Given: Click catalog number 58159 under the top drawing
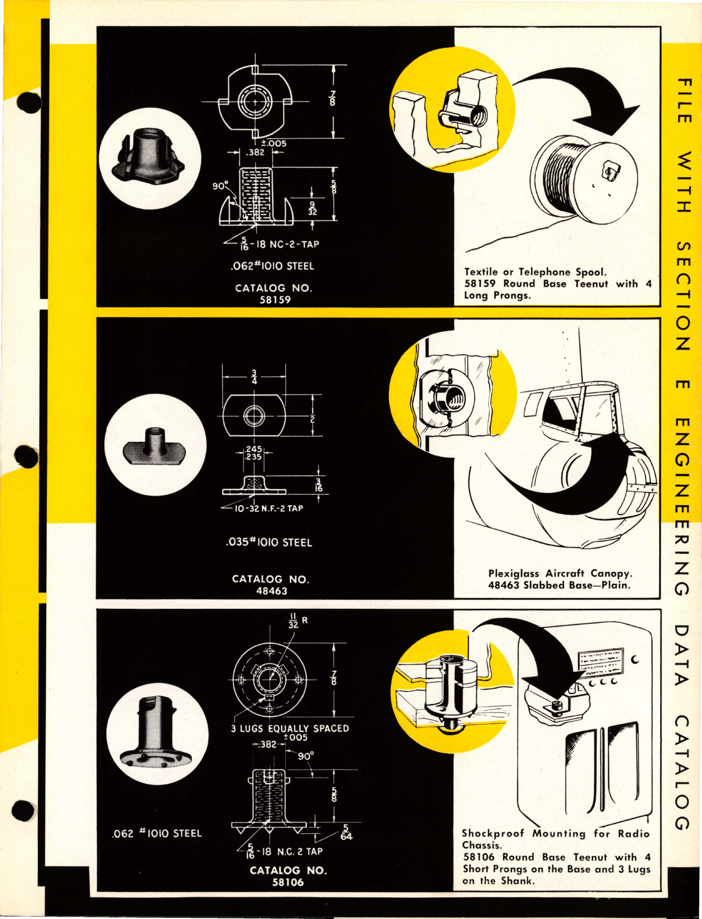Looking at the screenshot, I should pos(275,300).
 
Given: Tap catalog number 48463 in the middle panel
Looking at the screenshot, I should pos(271,591).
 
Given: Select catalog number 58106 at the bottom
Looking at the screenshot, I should pos(287,882).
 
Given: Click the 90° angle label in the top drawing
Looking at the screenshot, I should pos(220,186).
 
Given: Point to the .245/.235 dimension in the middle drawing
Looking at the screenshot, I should pos(253,452).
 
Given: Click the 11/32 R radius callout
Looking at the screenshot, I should pos(297,620).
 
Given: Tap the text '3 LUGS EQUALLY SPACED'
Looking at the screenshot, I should pos(290,729).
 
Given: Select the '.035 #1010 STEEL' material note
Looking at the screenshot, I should pos(269,542).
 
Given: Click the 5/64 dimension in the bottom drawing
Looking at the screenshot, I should pos(346,832).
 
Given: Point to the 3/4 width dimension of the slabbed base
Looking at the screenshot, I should pos(254,377).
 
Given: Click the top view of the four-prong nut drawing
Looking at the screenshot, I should pos(255,102).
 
